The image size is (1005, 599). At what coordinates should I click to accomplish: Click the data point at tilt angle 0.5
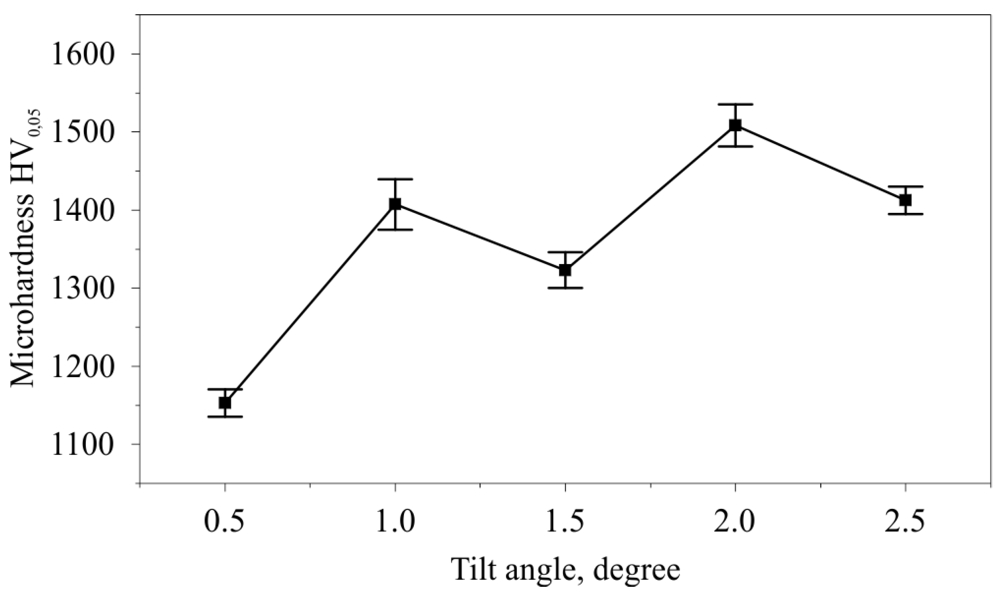(x=225, y=403)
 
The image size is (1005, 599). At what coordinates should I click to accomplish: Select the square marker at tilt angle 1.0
(x=395, y=204)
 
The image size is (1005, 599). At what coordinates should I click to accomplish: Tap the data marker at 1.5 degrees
(x=565, y=270)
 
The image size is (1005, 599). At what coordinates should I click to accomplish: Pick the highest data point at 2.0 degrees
(x=735, y=125)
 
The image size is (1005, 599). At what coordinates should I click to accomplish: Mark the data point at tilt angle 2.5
(x=905, y=200)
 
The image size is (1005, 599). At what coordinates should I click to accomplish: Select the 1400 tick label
(x=81, y=210)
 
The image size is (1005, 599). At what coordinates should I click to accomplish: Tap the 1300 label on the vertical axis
(x=81, y=288)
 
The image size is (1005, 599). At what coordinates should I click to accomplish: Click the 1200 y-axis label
(x=81, y=366)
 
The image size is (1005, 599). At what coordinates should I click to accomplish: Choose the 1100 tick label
(x=81, y=445)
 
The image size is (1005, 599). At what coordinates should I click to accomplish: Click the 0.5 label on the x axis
(x=224, y=523)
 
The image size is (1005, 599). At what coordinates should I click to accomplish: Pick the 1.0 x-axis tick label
(x=395, y=523)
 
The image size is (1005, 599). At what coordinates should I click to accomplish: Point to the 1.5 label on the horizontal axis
(x=565, y=523)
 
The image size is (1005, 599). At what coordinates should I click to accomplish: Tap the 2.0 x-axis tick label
(x=735, y=523)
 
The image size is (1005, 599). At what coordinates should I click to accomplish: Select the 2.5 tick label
(x=905, y=523)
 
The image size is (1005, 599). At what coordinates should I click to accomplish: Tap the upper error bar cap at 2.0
(x=735, y=104)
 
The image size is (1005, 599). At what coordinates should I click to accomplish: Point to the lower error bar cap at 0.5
(x=225, y=416)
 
